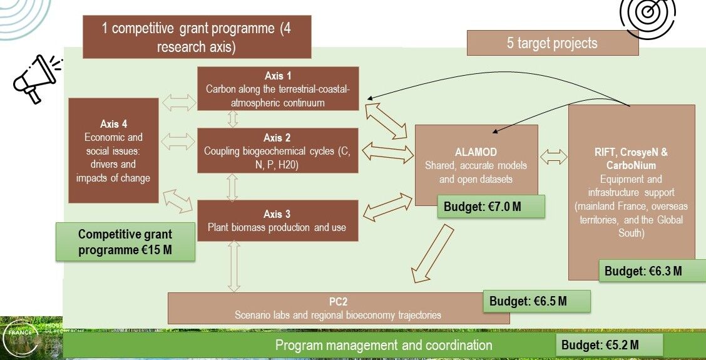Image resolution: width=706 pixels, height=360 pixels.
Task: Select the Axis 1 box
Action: [x=278, y=89]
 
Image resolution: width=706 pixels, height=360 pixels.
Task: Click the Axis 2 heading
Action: [x=278, y=138]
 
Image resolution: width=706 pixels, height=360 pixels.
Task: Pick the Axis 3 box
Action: [x=278, y=220]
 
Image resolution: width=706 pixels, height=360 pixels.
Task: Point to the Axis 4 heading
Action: [x=113, y=124]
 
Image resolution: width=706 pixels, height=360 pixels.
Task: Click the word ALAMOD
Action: [x=476, y=152]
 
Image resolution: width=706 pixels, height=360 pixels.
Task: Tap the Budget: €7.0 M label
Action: [x=491, y=206]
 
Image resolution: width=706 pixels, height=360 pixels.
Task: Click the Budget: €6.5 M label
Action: [x=536, y=301]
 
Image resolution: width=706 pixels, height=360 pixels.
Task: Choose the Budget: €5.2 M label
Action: [x=608, y=345]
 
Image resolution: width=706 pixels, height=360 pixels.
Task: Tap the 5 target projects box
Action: [x=551, y=43]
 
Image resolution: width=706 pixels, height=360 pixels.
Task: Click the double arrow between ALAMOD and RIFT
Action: [x=553, y=157]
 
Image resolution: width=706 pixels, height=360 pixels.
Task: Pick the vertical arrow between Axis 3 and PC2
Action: [x=234, y=266]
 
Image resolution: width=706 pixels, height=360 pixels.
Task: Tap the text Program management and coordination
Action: [x=384, y=345]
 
